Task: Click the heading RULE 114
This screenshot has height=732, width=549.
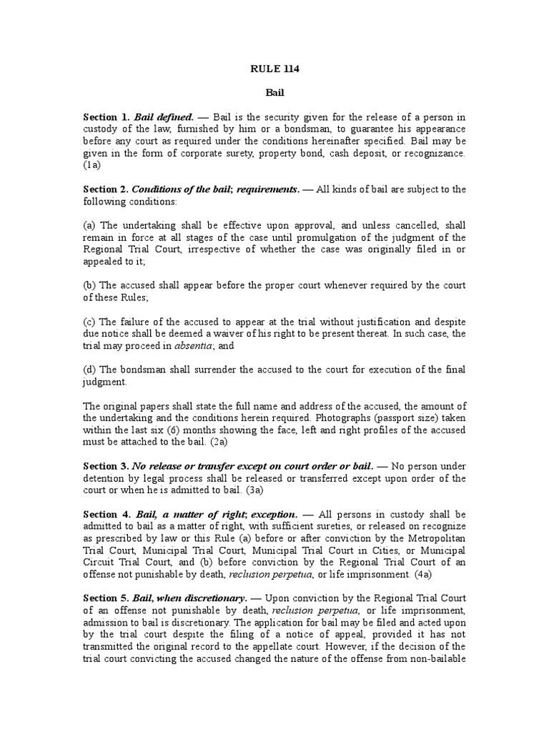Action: point(274,69)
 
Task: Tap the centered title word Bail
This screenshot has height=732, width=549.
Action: point(274,94)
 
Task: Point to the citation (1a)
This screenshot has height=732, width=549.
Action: point(91,166)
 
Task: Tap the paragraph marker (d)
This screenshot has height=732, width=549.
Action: point(89,370)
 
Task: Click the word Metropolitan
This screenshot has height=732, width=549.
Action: point(434,538)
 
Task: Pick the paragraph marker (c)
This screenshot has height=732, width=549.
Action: point(89,322)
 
